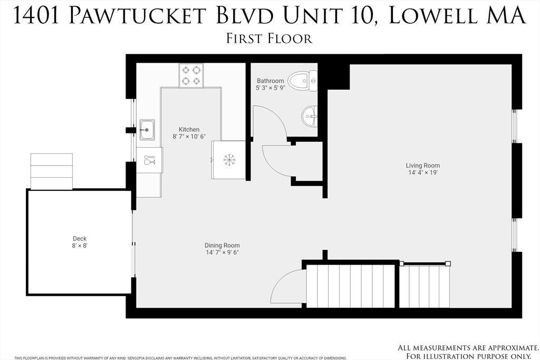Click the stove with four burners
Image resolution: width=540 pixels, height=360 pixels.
(x=191, y=75)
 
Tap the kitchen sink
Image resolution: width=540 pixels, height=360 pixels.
(x=147, y=130)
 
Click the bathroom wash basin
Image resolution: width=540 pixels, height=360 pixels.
(x=310, y=115)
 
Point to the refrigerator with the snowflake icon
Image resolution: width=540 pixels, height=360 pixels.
(x=229, y=160)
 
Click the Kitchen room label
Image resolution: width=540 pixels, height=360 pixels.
(x=189, y=130)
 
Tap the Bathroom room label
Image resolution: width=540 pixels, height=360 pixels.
(x=271, y=81)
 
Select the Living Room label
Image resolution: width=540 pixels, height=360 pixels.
(x=423, y=166)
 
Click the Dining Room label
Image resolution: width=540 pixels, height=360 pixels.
(x=222, y=245)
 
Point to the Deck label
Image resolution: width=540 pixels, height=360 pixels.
(x=79, y=238)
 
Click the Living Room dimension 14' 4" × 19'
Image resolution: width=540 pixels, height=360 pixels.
(x=423, y=172)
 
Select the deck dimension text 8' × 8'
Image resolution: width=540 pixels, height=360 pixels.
(x=79, y=246)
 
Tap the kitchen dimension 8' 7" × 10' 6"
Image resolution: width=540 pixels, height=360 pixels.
(x=189, y=137)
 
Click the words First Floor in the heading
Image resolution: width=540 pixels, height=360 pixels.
(x=269, y=38)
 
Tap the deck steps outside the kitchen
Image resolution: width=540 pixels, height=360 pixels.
(x=52, y=171)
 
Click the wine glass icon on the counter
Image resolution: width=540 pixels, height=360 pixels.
(x=149, y=160)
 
